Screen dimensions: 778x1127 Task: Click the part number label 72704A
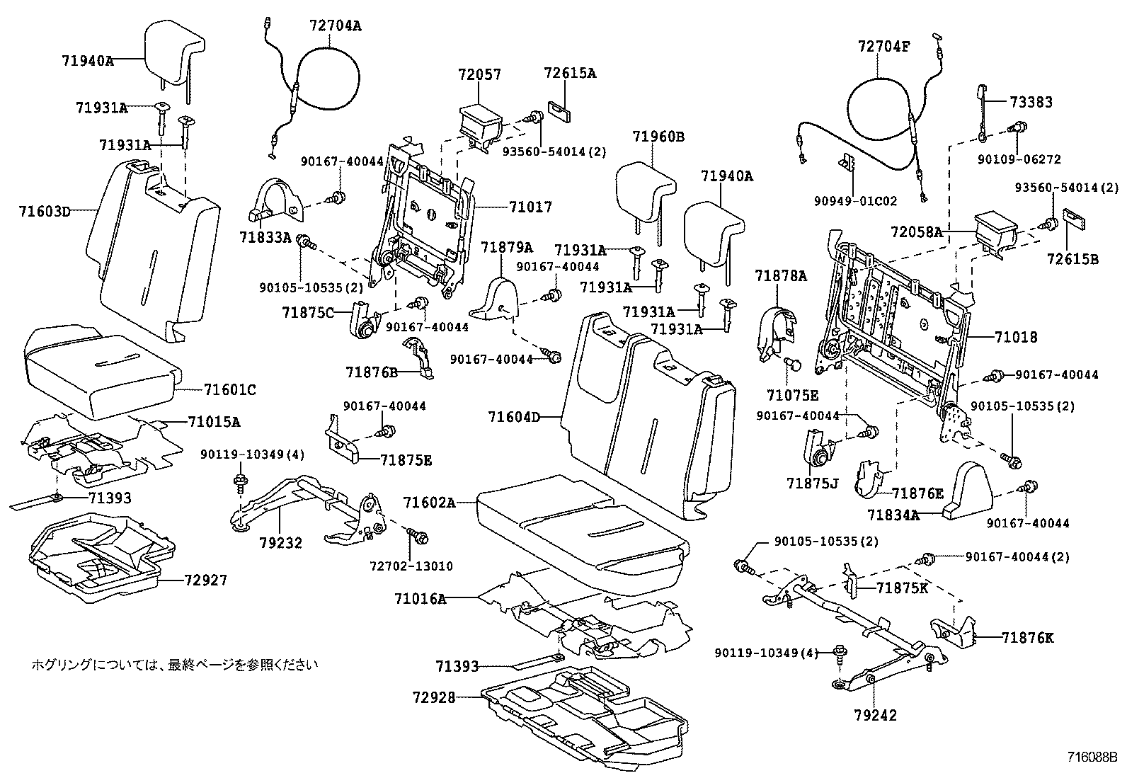tap(336, 26)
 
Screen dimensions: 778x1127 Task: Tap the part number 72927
tap(205, 580)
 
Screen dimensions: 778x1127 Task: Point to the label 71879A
tap(506, 247)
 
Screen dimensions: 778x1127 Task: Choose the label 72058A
tap(916, 231)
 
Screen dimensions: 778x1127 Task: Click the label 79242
tap(875, 716)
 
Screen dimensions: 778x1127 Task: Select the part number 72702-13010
tap(411, 566)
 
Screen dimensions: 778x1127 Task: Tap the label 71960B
tap(658, 137)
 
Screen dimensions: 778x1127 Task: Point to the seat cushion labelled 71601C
tap(99, 372)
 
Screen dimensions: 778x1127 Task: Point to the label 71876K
tap(1027, 638)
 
